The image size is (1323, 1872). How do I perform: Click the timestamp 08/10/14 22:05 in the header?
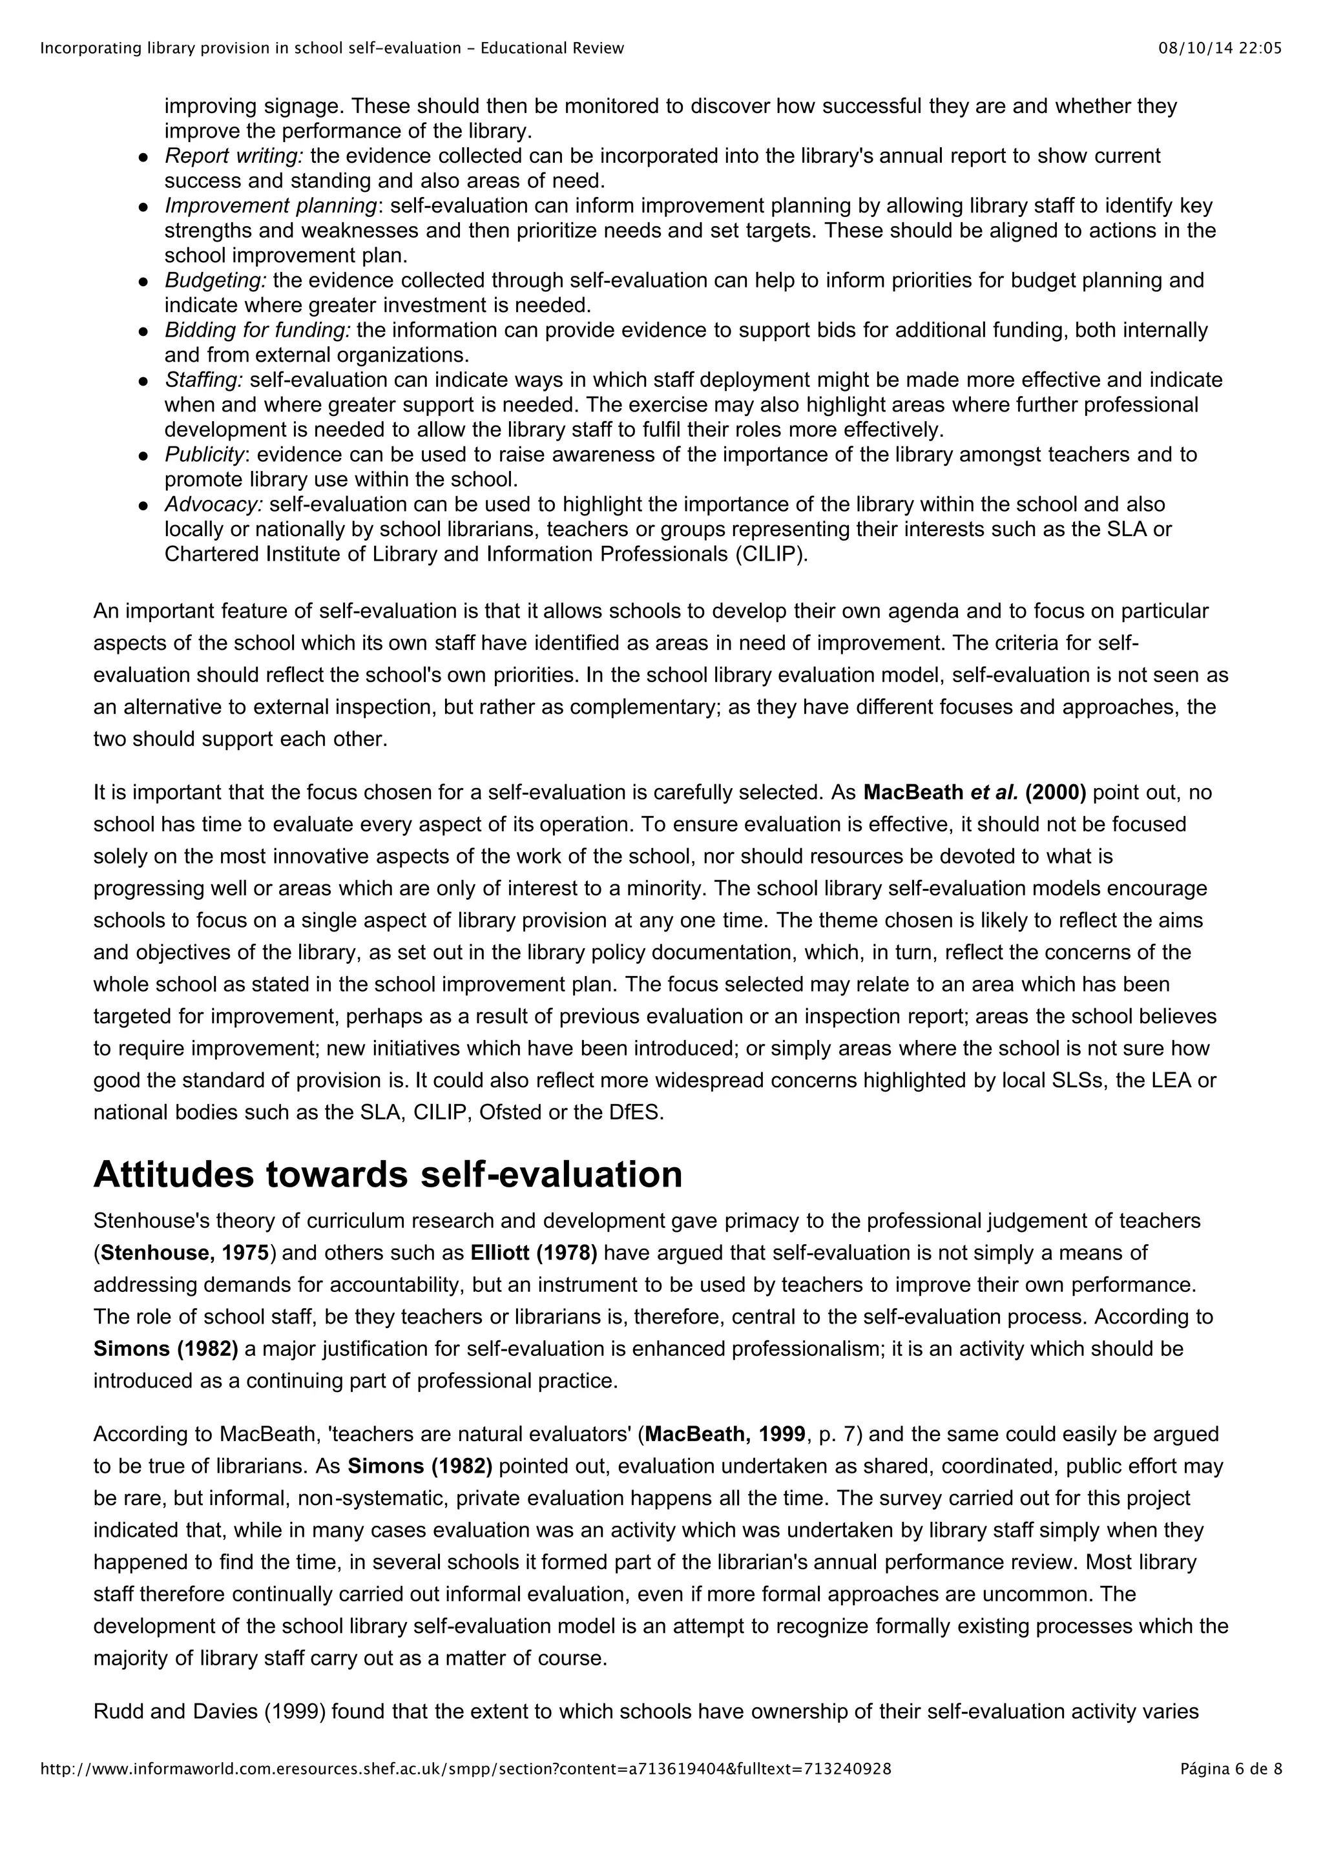[1220, 48]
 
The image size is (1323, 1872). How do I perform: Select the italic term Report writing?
[234, 156]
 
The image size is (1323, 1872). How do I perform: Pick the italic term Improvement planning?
[271, 205]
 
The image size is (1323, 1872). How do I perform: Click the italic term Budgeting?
[215, 280]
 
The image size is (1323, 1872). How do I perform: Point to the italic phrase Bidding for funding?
[258, 330]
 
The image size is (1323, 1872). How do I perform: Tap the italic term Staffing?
[203, 380]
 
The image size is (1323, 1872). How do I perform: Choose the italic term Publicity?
[203, 454]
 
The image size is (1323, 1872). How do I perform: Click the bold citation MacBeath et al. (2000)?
[974, 793]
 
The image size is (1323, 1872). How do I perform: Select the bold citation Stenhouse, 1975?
[184, 1253]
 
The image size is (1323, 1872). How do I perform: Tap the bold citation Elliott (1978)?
[534, 1253]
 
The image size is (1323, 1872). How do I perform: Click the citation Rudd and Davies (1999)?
[209, 1711]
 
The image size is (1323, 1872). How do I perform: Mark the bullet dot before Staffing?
[143, 380]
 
